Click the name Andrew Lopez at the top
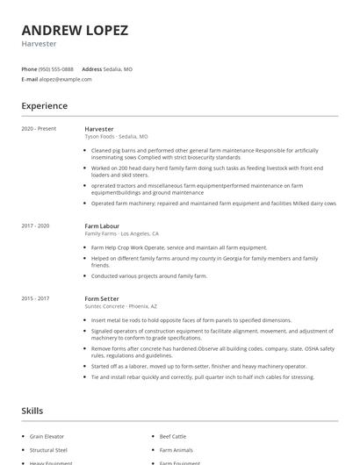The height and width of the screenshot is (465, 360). pos(75,30)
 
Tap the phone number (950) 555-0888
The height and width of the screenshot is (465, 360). pos(57,68)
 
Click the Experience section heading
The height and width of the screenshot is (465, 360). pos(44,106)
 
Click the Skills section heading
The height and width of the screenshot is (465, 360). pos(32,411)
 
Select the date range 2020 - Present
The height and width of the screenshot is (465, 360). pos(39,129)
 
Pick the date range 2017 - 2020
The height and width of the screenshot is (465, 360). pos(36,226)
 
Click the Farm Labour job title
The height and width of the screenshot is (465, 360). pos(103,226)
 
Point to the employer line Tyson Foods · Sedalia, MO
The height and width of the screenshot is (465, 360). pos(116,137)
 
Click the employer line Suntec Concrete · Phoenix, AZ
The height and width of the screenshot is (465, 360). pos(121,308)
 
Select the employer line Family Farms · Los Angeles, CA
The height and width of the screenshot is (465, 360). pos(121,234)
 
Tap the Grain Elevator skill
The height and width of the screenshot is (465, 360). pos(48,435)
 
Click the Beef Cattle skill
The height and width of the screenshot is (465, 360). pos(173,435)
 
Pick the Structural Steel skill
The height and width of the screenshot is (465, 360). pos(49,449)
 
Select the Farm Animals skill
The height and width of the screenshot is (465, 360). pos(176,449)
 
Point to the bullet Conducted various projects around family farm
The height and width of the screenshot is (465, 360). pos(149,275)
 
